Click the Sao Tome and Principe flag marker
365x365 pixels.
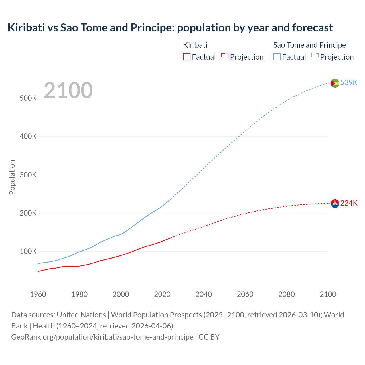tap(335, 83)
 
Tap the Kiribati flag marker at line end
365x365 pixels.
tap(335, 204)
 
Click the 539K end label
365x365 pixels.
tap(349, 82)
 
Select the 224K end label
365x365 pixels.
tap(349, 203)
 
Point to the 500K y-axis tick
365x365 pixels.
tap(28, 98)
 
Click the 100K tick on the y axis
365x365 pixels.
tap(28, 252)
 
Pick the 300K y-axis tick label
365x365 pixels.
tap(28, 175)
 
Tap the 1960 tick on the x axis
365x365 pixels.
tap(38, 294)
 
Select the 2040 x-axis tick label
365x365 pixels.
tap(204, 294)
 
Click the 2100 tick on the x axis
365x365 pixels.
tap(328, 294)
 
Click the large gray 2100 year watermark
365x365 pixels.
tap(68, 90)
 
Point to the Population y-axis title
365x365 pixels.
tap(12, 177)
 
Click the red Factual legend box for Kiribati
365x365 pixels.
tap(186, 57)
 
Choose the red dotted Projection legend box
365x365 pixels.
tap(225, 57)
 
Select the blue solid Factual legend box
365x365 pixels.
tap(277, 57)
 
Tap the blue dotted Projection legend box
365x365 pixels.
tap(315, 57)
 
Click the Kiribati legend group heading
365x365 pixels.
tap(195, 45)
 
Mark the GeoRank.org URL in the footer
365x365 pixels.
tap(102, 337)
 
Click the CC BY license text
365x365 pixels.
tap(209, 337)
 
